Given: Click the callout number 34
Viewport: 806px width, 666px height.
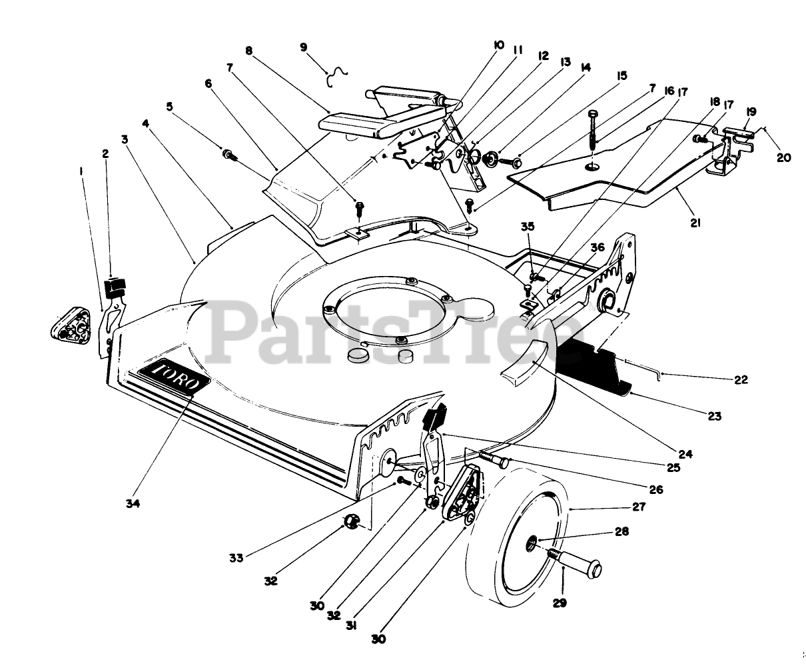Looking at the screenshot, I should [x=133, y=504].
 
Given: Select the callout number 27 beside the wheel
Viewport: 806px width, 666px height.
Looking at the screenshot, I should [x=639, y=507].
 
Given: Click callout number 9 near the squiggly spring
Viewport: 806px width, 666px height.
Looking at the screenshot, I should [x=304, y=47].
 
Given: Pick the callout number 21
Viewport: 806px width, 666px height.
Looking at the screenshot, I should [x=695, y=223].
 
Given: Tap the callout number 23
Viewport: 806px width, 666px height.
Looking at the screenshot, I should [x=714, y=417].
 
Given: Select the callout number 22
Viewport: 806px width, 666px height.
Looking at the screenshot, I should [x=741, y=380].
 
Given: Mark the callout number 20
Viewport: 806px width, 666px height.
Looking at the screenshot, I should [x=784, y=157].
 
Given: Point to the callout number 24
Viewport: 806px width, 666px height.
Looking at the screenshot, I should [x=685, y=455].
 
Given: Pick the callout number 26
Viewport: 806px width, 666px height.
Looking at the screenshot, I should [x=656, y=489].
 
